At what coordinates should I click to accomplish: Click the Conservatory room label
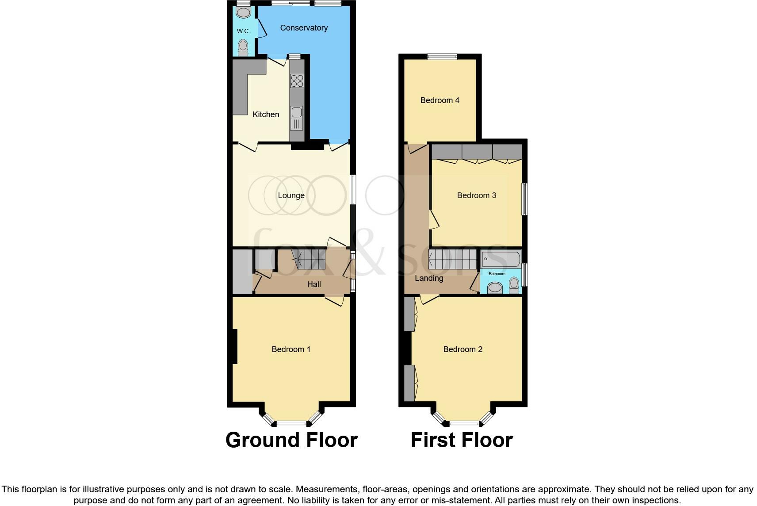click(304, 28)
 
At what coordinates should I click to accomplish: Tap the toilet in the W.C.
click(243, 46)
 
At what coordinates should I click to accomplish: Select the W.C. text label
click(243, 31)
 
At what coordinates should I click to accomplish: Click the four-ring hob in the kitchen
click(297, 80)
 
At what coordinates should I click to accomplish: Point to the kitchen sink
click(296, 112)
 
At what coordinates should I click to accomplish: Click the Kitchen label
click(266, 115)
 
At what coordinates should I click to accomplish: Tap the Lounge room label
click(291, 195)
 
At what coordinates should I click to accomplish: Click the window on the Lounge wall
click(352, 190)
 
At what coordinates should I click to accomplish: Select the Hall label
click(314, 284)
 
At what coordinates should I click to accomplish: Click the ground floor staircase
click(310, 259)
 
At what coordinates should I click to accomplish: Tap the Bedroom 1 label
click(291, 349)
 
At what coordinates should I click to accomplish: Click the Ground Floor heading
click(291, 440)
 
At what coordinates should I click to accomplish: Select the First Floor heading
click(462, 440)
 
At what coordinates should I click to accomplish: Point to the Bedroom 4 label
click(440, 100)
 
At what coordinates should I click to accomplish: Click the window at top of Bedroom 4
click(442, 56)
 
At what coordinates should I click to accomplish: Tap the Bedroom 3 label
click(476, 195)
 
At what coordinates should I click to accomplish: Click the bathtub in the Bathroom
click(501, 259)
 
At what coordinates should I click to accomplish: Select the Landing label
click(429, 278)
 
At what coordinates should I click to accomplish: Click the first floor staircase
click(453, 259)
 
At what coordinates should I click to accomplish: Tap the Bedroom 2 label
click(463, 349)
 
